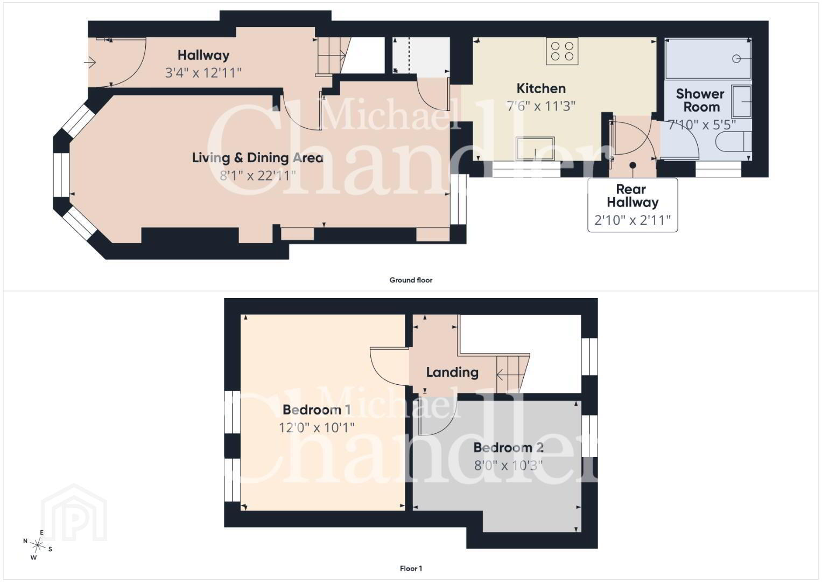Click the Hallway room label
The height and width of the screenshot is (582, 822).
pyautogui.click(x=203, y=55)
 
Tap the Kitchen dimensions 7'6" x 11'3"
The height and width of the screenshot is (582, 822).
pyautogui.click(x=541, y=106)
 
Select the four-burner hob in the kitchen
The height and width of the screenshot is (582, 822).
pyautogui.click(x=562, y=51)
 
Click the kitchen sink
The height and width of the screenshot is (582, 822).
pyautogui.click(x=535, y=148)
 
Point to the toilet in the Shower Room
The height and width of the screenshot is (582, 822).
pyautogui.click(x=733, y=142)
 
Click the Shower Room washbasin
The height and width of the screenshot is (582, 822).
pyautogui.click(x=741, y=101)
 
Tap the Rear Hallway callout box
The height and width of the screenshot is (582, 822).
pyautogui.click(x=633, y=205)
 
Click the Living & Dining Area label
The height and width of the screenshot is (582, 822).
pyautogui.click(x=258, y=157)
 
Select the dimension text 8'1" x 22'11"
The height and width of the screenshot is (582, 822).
pyautogui.click(x=258, y=176)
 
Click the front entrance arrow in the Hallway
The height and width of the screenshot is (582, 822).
pyautogui.click(x=90, y=63)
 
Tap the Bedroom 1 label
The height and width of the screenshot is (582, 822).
pyautogui.click(x=317, y=410)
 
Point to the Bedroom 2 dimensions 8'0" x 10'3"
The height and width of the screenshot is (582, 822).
pyautogui.click(x=508, y=466)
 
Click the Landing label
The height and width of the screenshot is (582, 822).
pyautogui.click(x=452, y=372)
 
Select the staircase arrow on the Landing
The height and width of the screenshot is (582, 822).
pyautogui.click(x=505, y=375)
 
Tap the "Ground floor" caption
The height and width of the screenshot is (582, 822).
pyautogui.click(x=411, y=280)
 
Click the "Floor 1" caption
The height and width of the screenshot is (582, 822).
pyautogui.click(x=411, y=569)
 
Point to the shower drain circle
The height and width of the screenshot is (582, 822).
pyautogui.click(x=736, y=59)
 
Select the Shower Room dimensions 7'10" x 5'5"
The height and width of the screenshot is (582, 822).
pyautogui.click(x=701, y=125)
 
